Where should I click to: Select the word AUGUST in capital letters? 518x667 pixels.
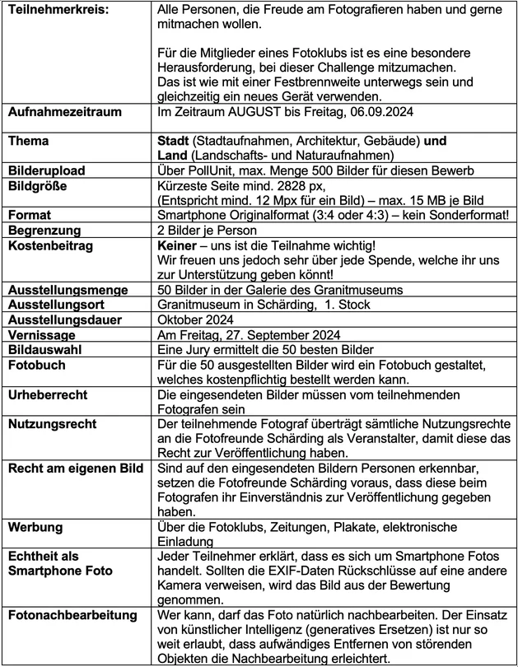click(x=244, y=110)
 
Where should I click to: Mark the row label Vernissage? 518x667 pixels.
click(x=43, y=335)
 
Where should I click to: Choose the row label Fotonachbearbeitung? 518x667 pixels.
click(x=72, y=617)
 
